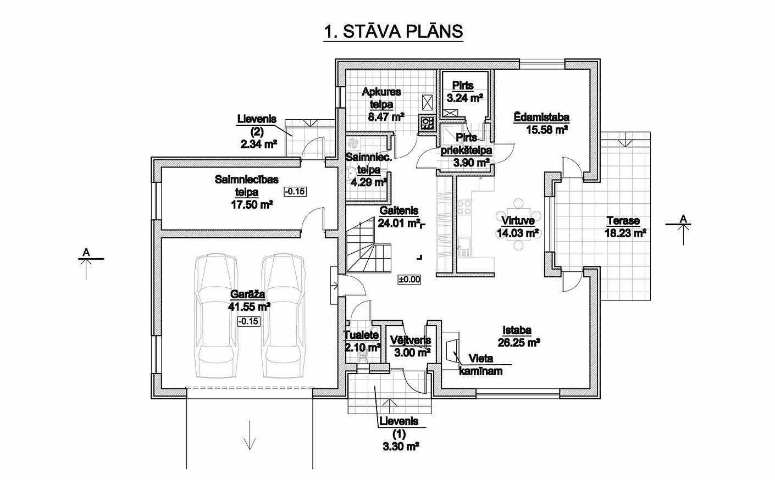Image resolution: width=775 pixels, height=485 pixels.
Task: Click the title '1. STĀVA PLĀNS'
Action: coord(393,32)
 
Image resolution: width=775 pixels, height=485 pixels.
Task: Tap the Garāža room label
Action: coord(248,294)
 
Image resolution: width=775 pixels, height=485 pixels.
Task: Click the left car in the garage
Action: coord(216,316)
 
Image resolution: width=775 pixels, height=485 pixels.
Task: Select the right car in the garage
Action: coord(284,316)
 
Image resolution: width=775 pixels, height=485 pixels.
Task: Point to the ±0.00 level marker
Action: coord(409,280)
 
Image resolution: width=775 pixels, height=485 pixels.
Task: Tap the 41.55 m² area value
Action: coord(249,306)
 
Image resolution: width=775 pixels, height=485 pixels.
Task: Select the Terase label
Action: coord(623,221)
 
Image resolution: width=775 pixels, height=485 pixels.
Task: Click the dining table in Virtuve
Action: coord(518,224)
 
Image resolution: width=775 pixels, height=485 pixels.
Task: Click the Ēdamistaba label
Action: coord(541,117)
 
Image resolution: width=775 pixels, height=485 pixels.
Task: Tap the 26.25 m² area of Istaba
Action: coord(519,343)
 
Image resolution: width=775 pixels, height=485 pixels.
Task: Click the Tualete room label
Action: coord(361,335)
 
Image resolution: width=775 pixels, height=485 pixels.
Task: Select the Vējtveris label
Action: coord(411,340)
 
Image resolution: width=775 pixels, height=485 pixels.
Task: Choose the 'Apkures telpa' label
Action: coord(381,98)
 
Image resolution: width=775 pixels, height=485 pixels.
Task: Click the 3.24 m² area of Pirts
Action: coord(464,98)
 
